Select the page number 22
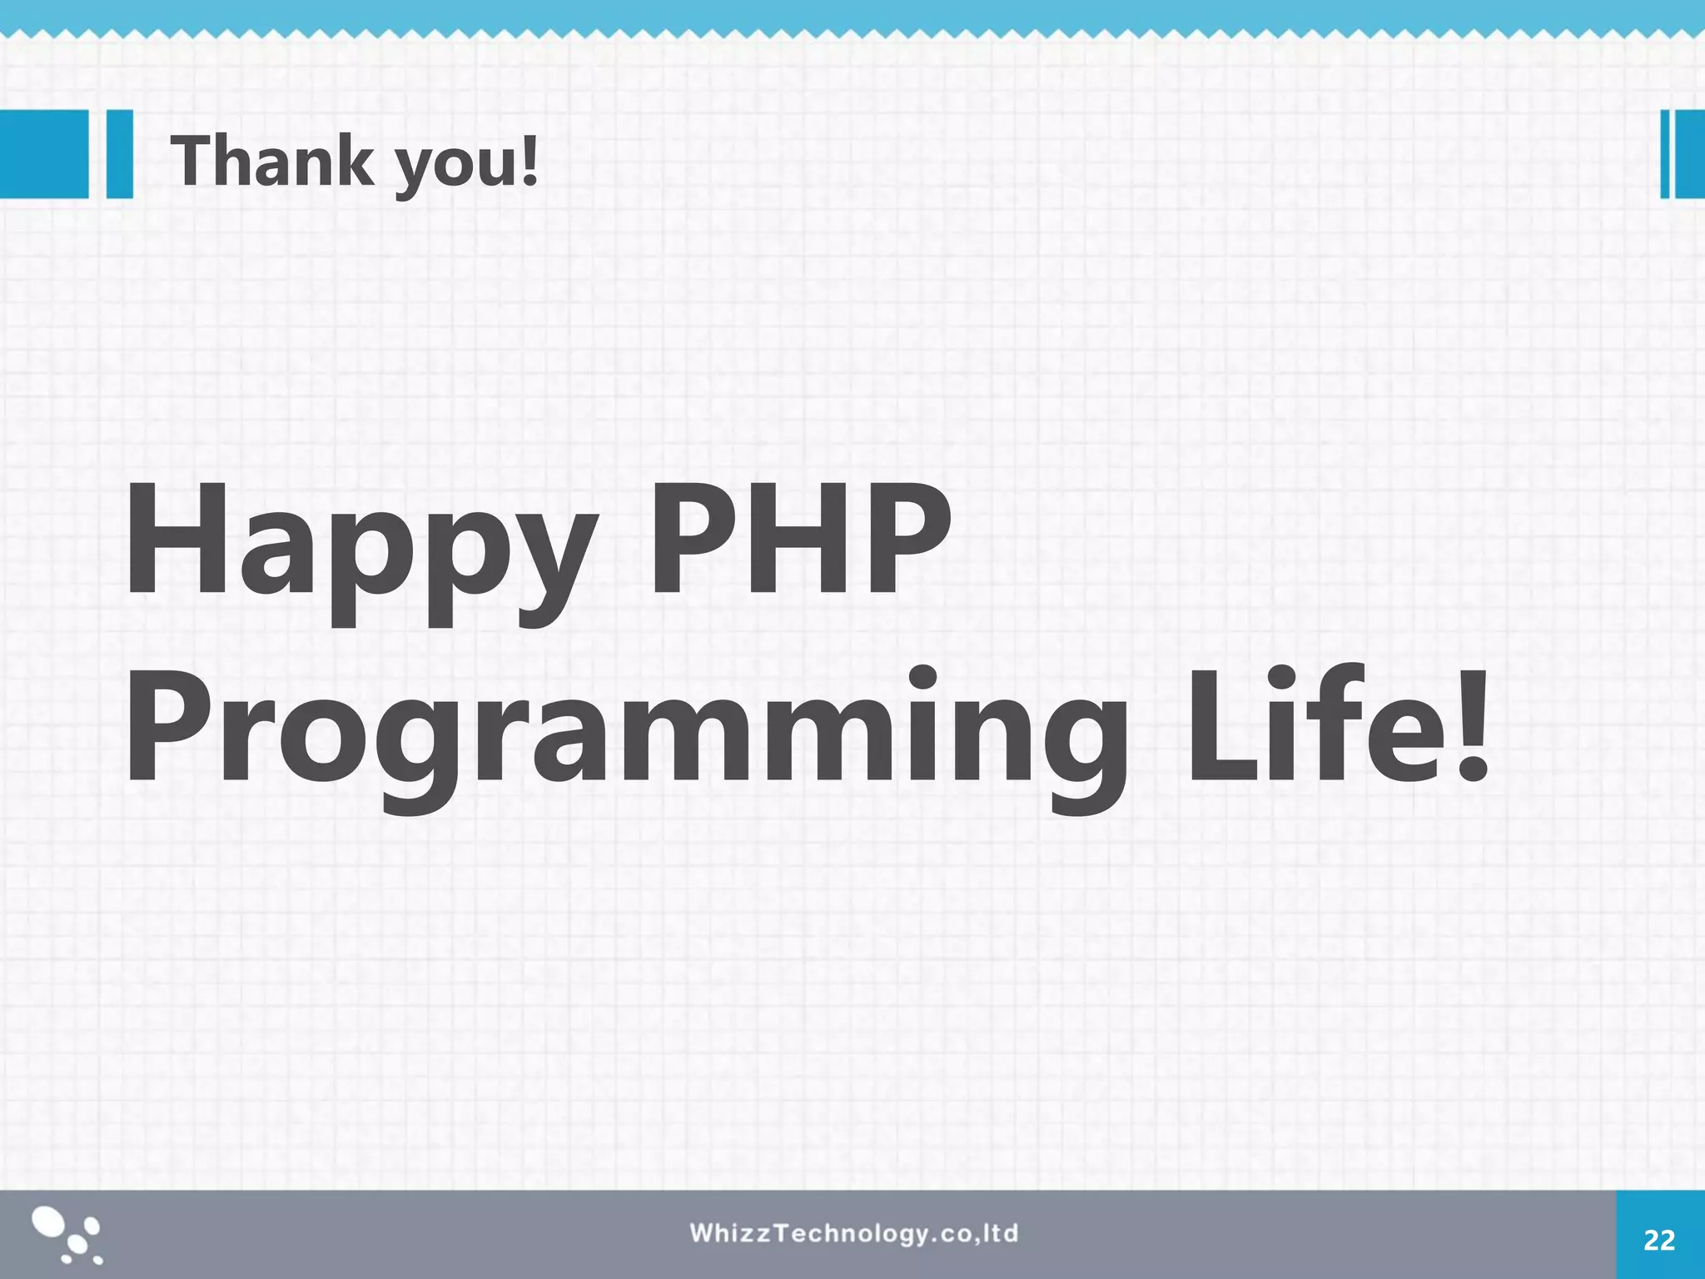1659,1241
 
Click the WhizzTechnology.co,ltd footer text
853,1233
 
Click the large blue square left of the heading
43,154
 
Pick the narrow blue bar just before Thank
120,154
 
